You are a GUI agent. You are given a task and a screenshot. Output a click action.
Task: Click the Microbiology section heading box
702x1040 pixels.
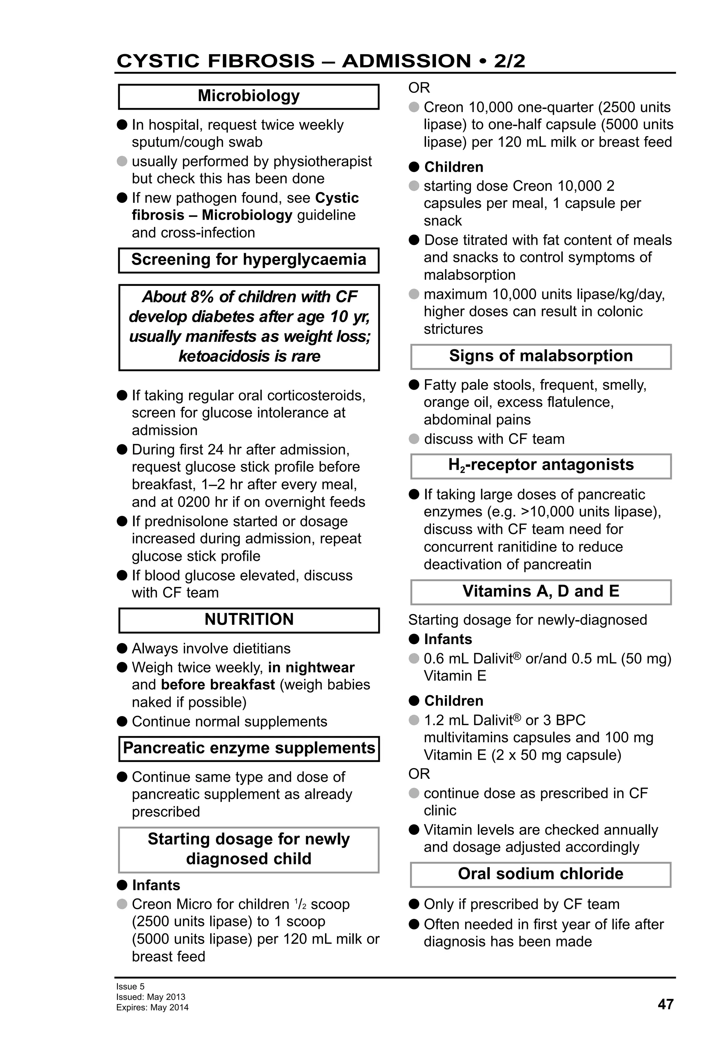coord(249,96)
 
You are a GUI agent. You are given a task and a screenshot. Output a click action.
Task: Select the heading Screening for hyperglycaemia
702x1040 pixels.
coord(249,259)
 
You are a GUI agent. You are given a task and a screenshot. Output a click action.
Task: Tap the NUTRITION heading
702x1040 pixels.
coord(249,619)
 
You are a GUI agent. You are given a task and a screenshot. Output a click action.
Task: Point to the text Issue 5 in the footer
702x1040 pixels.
coord(130,986)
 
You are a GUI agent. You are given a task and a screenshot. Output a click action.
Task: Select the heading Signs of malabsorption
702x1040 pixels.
coord(541,356)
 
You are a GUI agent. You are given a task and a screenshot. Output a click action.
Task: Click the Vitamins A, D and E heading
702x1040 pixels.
coord(541,591)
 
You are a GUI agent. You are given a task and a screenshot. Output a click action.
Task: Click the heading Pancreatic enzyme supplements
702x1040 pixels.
coord(249,748)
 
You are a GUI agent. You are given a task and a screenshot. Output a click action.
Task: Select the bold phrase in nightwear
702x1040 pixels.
coord(311,668)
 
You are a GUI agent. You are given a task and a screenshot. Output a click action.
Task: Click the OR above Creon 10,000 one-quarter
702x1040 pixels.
coord(419,88)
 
